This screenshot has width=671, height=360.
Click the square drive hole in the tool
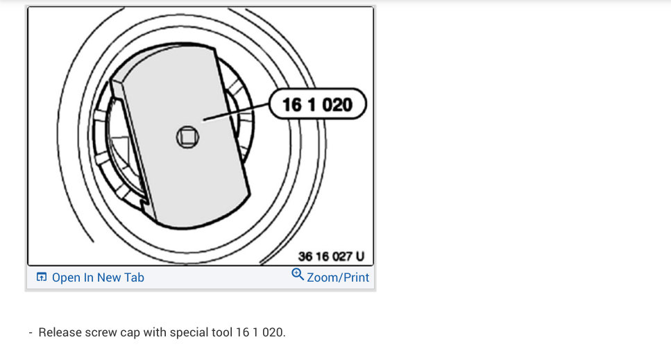[x=187, y=137]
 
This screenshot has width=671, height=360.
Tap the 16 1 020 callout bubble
[x=318, y=104]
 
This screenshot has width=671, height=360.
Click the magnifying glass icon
[x=298, y=274]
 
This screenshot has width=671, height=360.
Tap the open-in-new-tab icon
[x=42, y=277]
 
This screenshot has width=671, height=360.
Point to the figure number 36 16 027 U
[x=331, y=257]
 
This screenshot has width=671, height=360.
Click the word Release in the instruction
[x=60, y=332]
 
